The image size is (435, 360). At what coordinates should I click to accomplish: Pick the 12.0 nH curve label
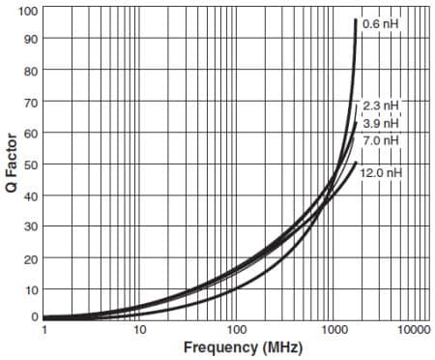click(x=381, y=172)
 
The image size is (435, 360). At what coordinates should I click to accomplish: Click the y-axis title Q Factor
click(x=12, y=163)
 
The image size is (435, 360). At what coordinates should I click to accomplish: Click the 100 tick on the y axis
click(x=28, y=11)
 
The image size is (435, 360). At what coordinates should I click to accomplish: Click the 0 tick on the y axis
click(x=34, y=316)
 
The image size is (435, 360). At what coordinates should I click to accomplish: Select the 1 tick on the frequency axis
click(x=44, y=329)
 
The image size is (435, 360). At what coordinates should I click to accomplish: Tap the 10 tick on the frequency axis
click(x=139, y=329)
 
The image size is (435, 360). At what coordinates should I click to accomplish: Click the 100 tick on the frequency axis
click(x=233, y=329)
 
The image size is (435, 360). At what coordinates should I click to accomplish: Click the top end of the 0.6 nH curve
click(x=356, y=21)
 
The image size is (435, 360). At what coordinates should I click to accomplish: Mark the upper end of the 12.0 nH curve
click(x=357, y=163)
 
